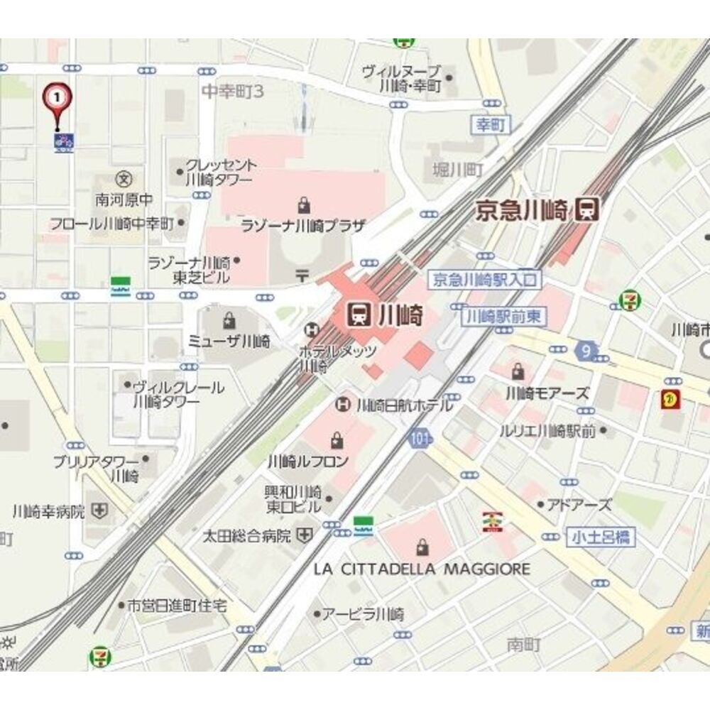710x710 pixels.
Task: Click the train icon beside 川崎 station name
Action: pos(359,314)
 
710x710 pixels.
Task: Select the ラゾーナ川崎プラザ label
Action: pos(303,226)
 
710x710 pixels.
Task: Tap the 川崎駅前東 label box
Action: pos(504,317)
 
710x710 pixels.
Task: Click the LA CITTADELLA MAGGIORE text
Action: pos(422,569)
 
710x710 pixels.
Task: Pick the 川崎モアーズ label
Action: pos(547,392)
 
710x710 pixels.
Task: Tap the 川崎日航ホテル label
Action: pos(403,405)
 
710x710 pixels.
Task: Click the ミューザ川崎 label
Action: pos(229,341)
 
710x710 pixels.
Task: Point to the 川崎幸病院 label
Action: pos(49,510)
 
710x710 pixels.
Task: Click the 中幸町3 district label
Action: pos(232,91)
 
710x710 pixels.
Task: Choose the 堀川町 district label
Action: pos(458,170)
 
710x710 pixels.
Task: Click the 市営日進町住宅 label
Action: pos(176,606)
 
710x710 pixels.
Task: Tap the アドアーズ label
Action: pos(579,505)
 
